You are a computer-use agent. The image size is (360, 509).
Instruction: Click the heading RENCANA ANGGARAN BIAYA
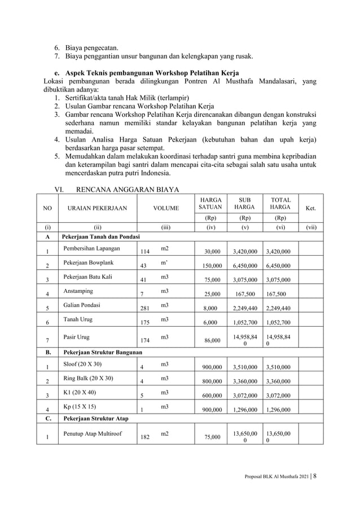[x=128, y=190]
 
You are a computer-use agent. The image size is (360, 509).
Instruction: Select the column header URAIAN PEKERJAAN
[x=98, y=208]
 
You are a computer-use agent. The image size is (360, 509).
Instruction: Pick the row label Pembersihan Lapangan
[x=91, y=248]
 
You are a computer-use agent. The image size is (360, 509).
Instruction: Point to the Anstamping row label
[x=78, y=291]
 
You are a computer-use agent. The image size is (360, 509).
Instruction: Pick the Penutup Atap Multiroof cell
[x=94, y=433]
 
